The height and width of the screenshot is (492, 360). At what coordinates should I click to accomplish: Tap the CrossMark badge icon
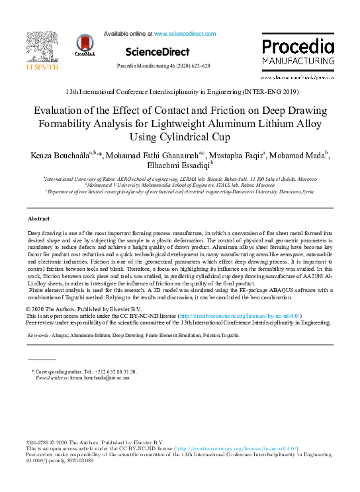pos(85,47)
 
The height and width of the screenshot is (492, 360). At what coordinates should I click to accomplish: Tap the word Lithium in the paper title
pos(279,125)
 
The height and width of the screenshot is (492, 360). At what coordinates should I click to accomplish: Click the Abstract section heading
pos(38,200)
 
